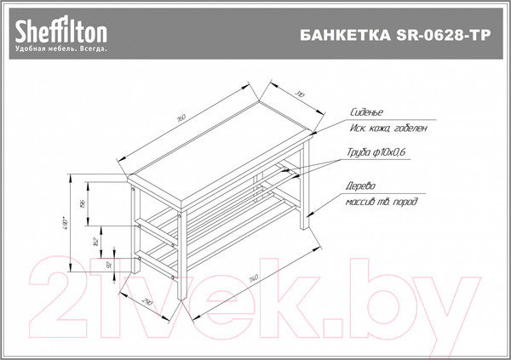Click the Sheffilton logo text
tap(59, 31)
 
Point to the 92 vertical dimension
tap(108, 266)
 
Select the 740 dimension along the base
tap(254, 277)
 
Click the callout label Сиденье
tap(367, 112)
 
